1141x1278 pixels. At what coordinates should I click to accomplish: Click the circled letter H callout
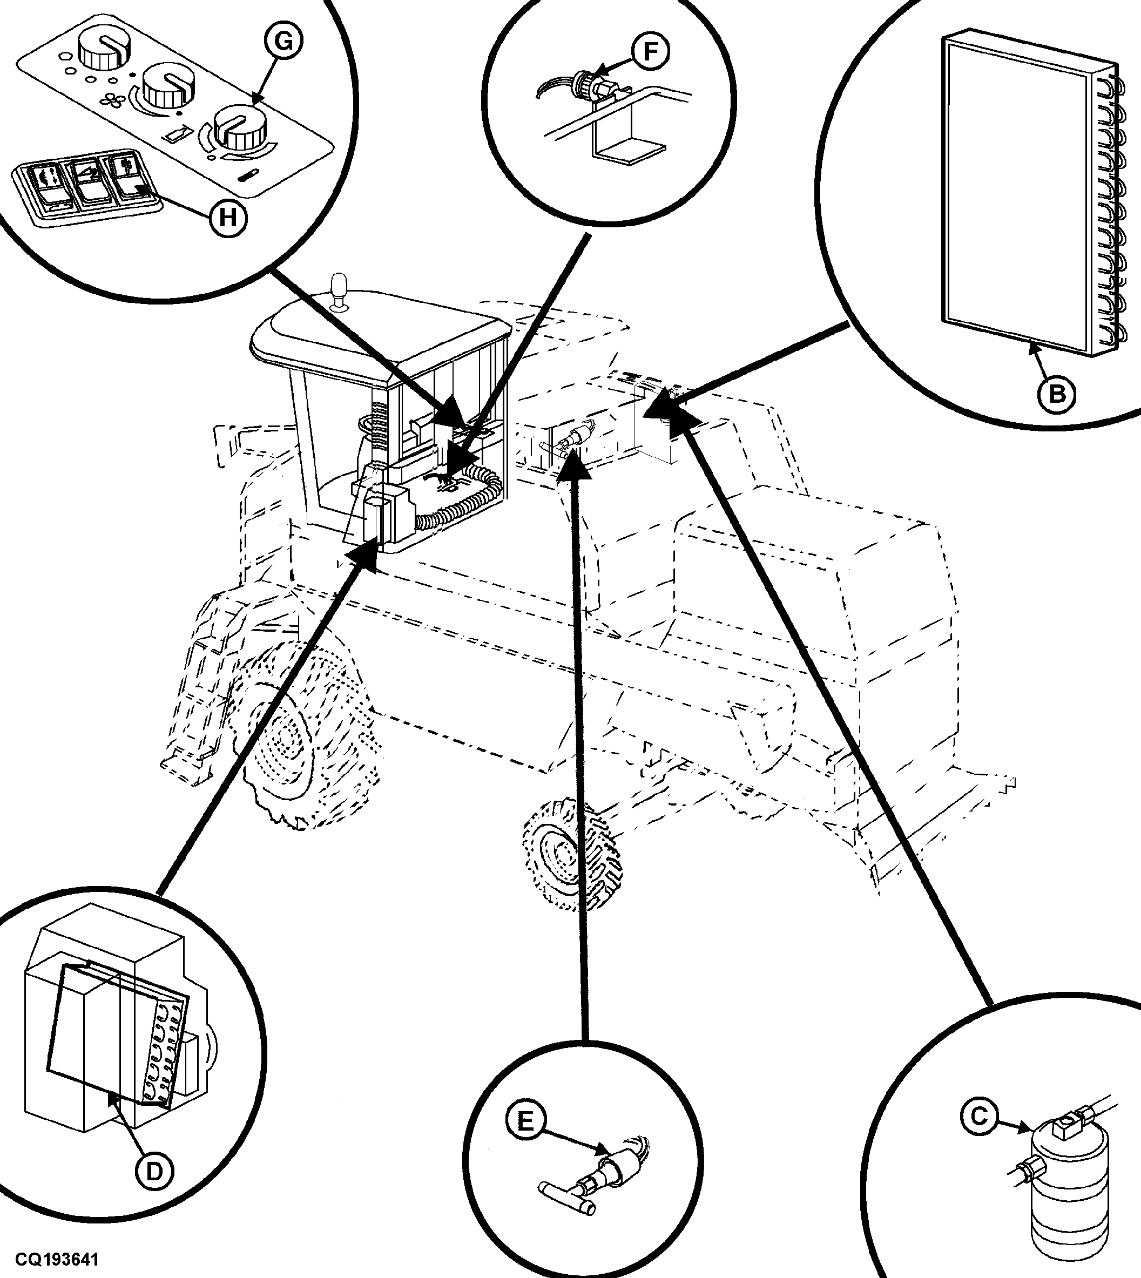click(x=227, y=218)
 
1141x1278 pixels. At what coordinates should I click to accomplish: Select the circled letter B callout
click(x=1056, y=394)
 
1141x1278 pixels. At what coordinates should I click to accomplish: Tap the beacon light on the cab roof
click(x=339, y=290)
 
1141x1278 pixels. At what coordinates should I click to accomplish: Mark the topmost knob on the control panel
click(x=100, y=51)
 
